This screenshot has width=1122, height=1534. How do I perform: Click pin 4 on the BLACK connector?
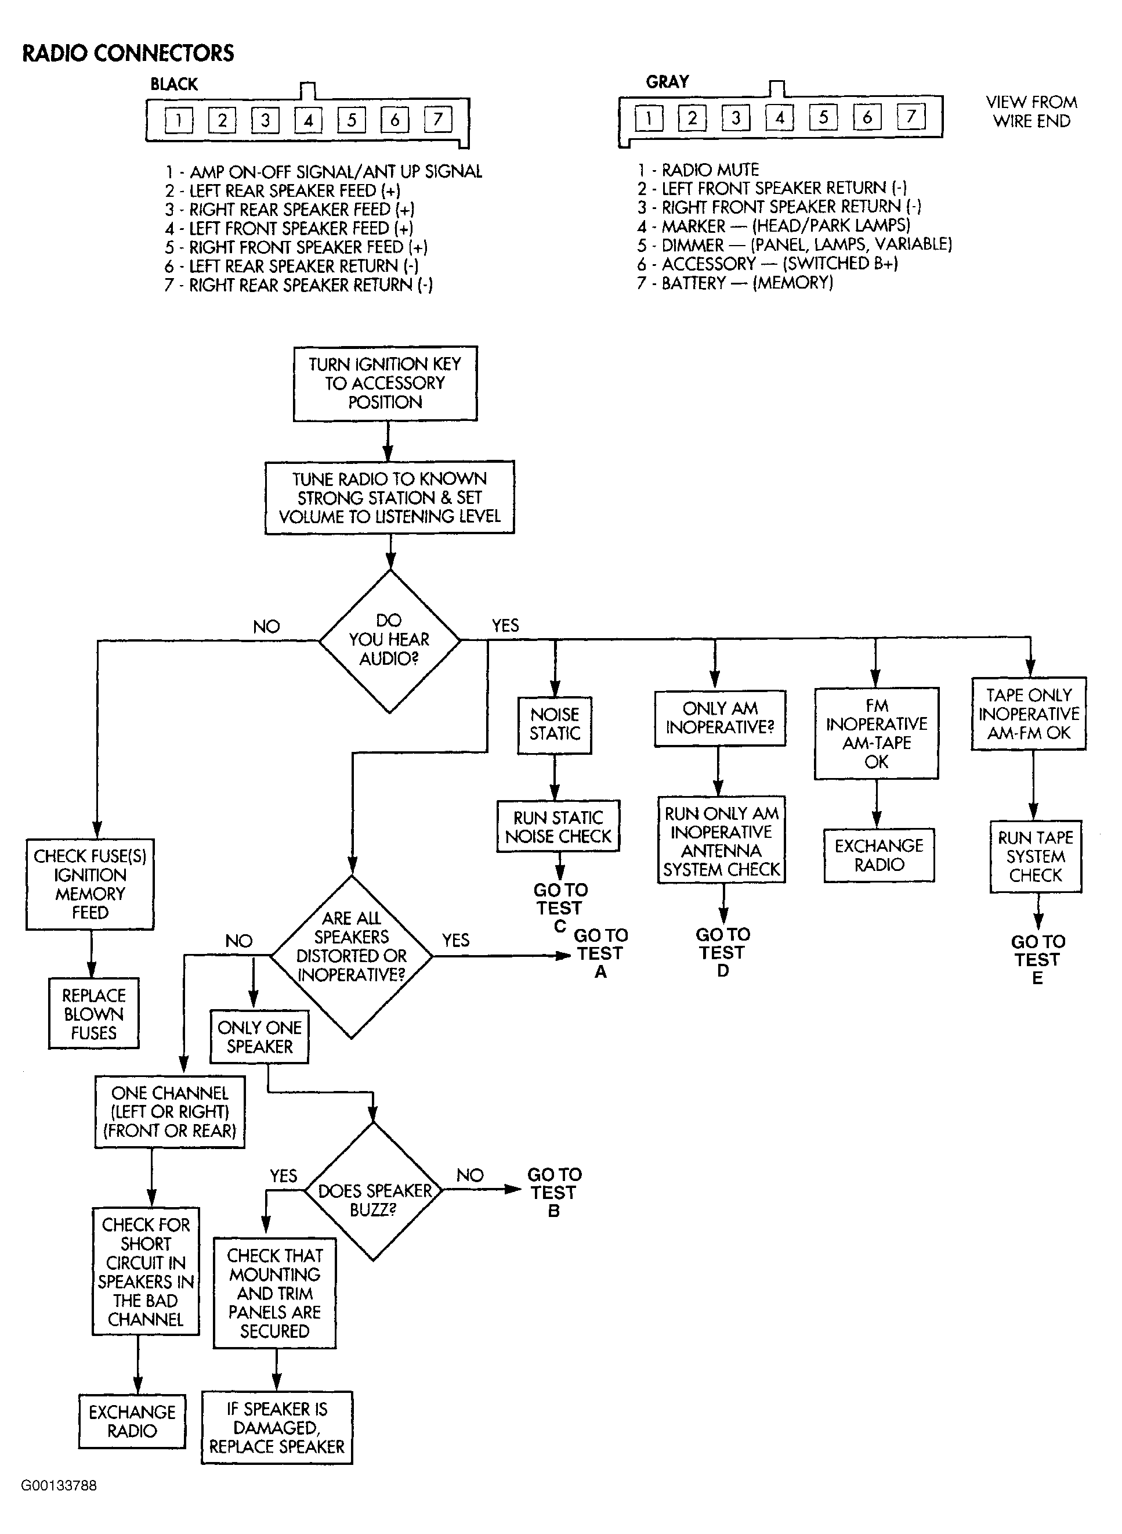[307, 120]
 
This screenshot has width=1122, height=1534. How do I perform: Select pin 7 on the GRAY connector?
[911, 116]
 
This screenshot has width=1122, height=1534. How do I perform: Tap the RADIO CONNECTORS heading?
[128, 53]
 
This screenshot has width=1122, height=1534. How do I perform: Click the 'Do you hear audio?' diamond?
[389, 640]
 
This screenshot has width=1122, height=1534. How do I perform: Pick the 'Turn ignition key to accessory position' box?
[385, 383]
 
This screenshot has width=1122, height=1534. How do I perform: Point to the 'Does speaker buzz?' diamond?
[374, 1200]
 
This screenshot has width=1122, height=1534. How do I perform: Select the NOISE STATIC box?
[554, 725]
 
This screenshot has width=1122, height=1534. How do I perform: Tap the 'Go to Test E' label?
[1038, 960]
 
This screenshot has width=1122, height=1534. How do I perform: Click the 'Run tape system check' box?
[1036, 856]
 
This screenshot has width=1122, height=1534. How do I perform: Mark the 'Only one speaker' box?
[259, 1037]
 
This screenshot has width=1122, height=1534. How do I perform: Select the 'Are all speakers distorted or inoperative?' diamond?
[351, 957]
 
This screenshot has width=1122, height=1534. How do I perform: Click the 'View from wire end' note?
[1031, 111]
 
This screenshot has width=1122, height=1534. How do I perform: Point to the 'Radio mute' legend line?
[698, 169]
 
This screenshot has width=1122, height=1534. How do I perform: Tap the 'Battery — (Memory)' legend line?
[735, 283]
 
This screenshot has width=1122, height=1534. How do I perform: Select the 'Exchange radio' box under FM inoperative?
[879, 855]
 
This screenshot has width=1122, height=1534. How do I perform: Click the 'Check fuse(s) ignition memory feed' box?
[91, 884]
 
